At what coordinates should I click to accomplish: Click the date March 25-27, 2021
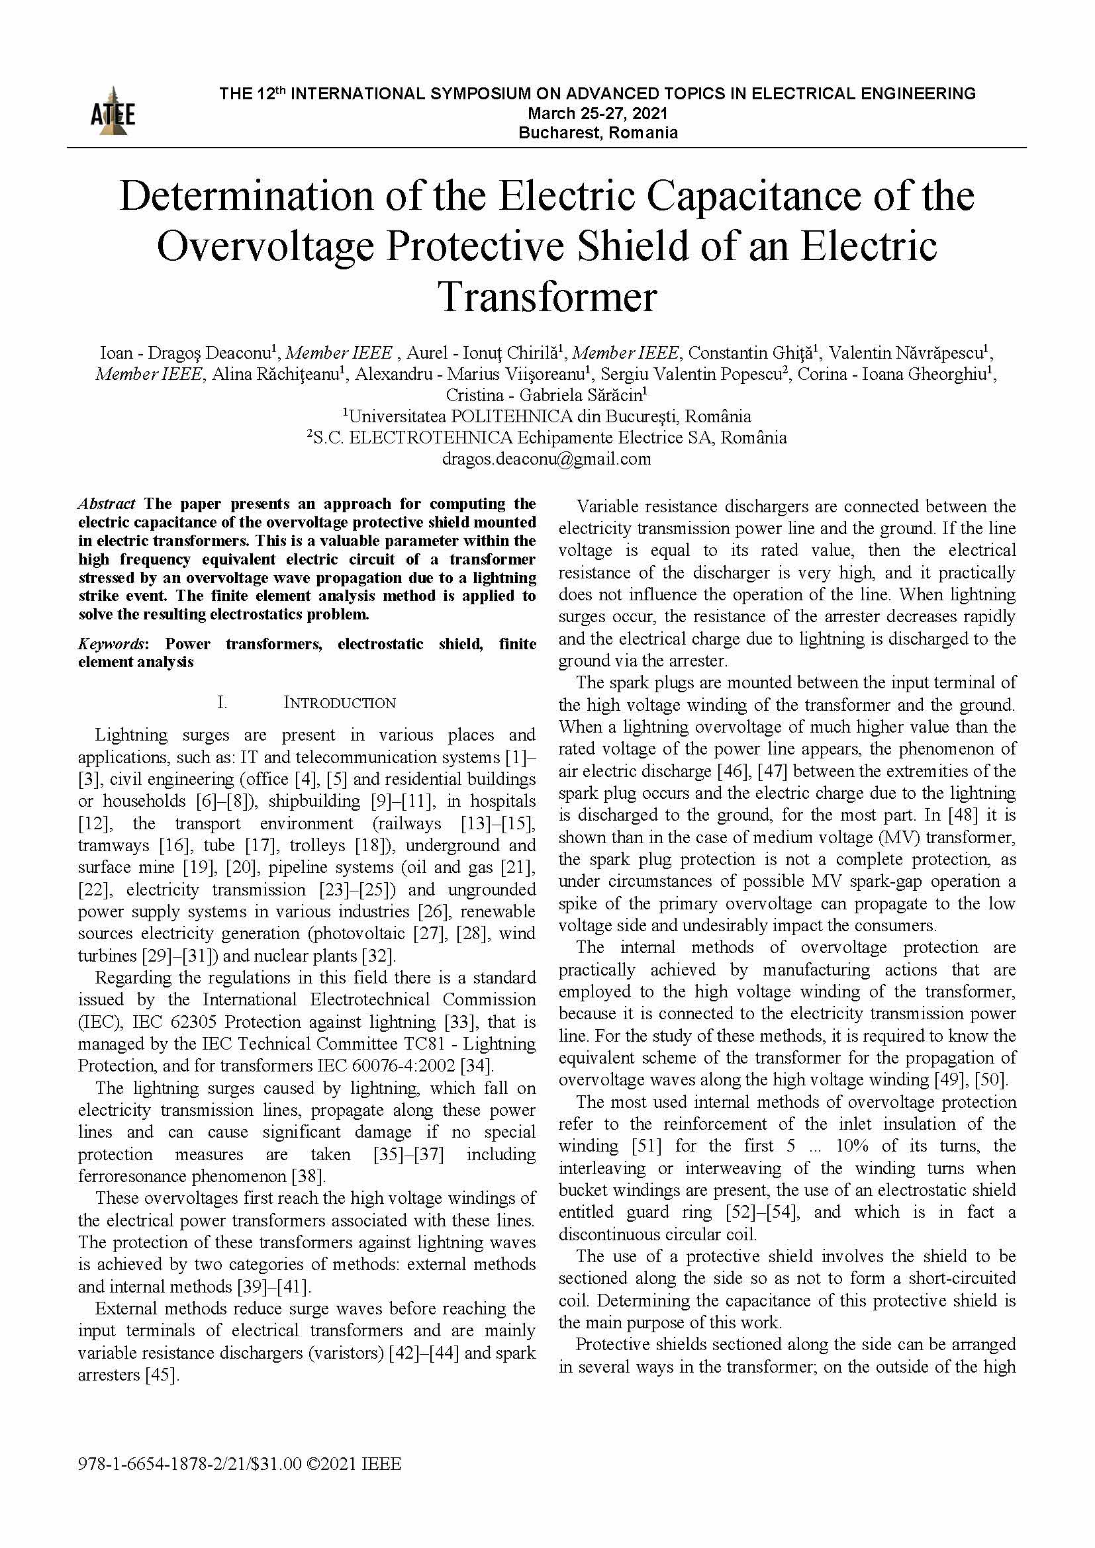point(597,113)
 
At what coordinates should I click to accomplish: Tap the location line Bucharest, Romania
point(597,133)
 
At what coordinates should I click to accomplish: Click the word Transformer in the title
point(547,296)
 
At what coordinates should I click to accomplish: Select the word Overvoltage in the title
point(265,246)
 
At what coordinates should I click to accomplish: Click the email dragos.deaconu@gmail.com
point(546,459)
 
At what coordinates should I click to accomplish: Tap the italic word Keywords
point(111,644)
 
